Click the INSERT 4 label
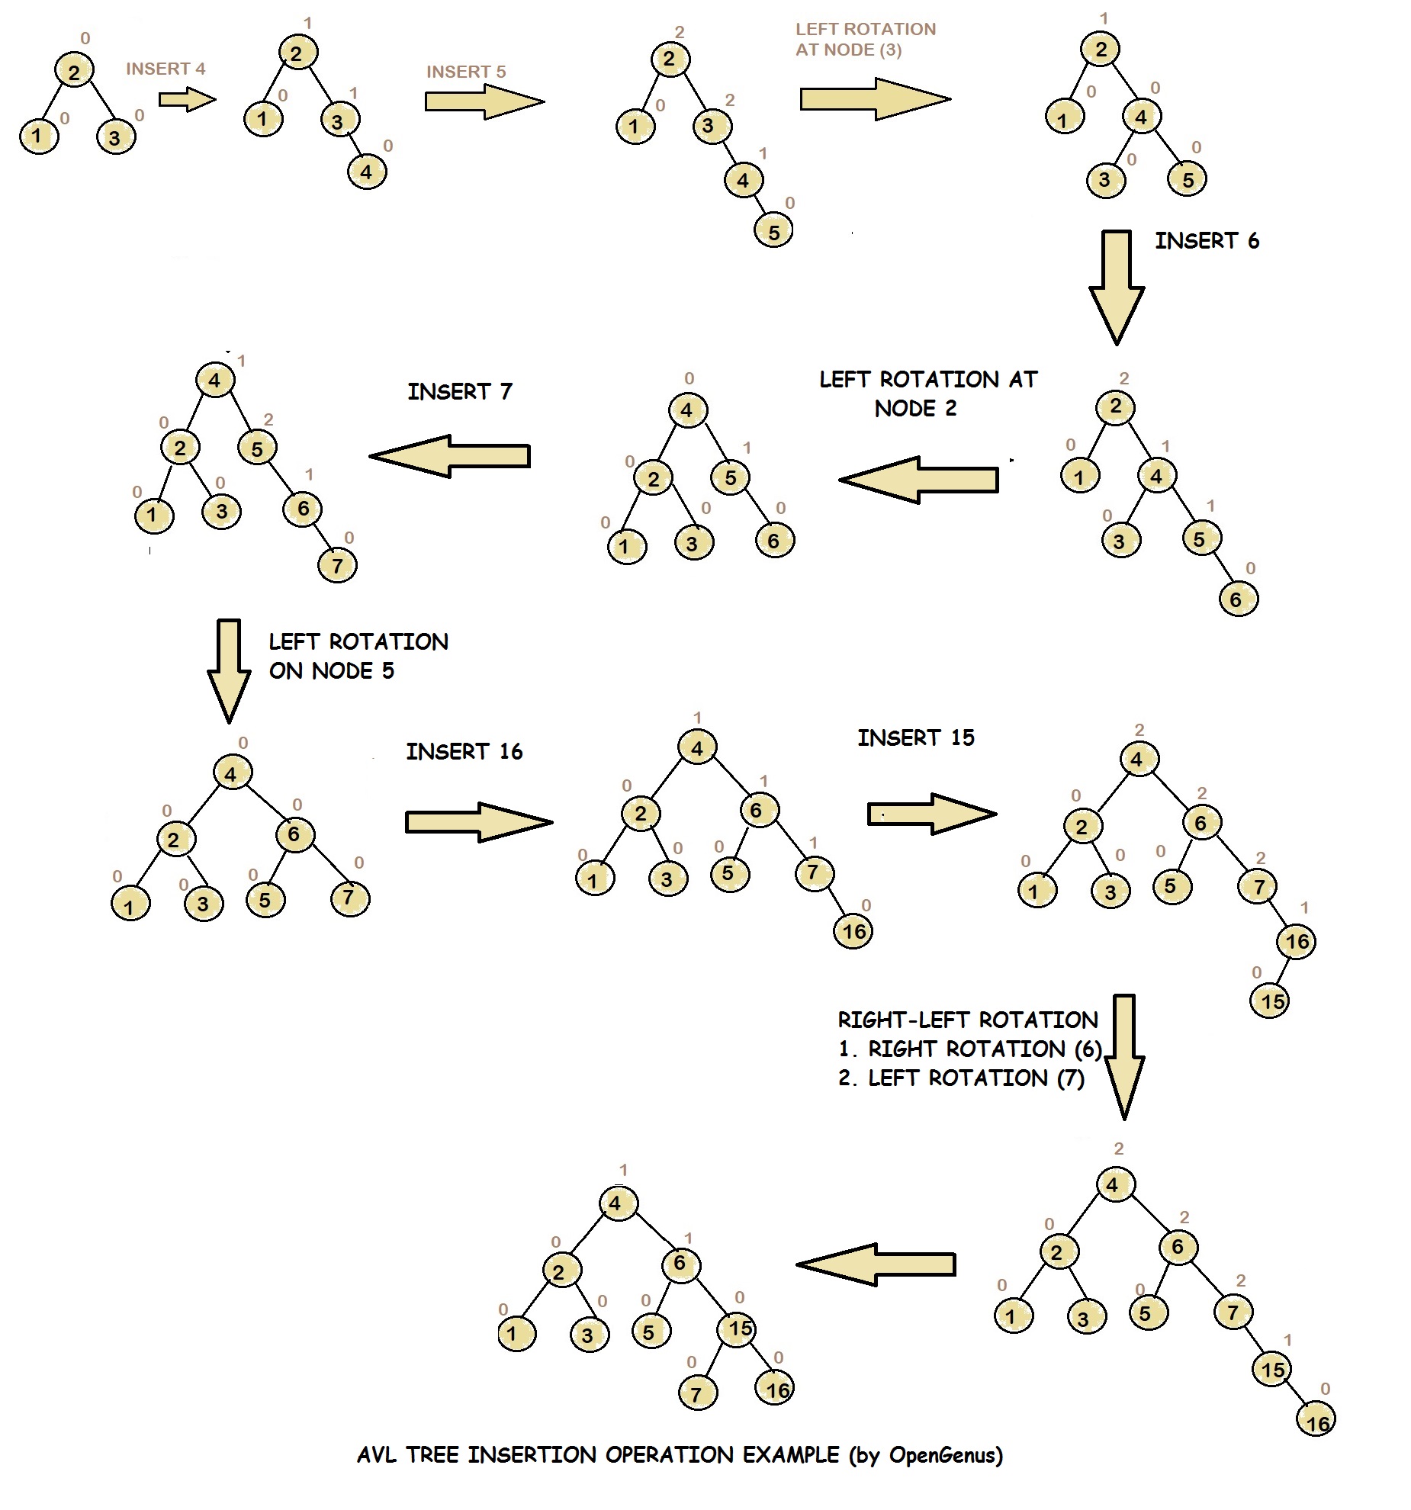click(x=166, y=69)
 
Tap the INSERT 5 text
click(x=466, y=72)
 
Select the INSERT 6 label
click(x=1207, y=241)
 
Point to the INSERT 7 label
click(x=459, y=392)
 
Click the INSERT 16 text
click(x=464, y=752)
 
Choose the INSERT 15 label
click(x=916, y=737)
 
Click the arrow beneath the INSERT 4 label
click(x=187, y=100)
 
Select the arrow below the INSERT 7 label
click(x=450, y=456)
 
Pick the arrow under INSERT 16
click(x=478, y=822)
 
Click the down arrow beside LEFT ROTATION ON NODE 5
click(x=229, y=670)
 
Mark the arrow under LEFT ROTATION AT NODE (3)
click(x=875, y=99)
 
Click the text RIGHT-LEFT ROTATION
click(x=967, y=1020)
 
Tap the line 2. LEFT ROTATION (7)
click(x=961, y=1078)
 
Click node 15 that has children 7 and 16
click(x=738, y=1328)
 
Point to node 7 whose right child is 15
click(x=1233, y=1312)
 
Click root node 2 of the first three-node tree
click(x=74, y=72)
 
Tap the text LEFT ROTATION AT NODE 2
click(x=927, y=394)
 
